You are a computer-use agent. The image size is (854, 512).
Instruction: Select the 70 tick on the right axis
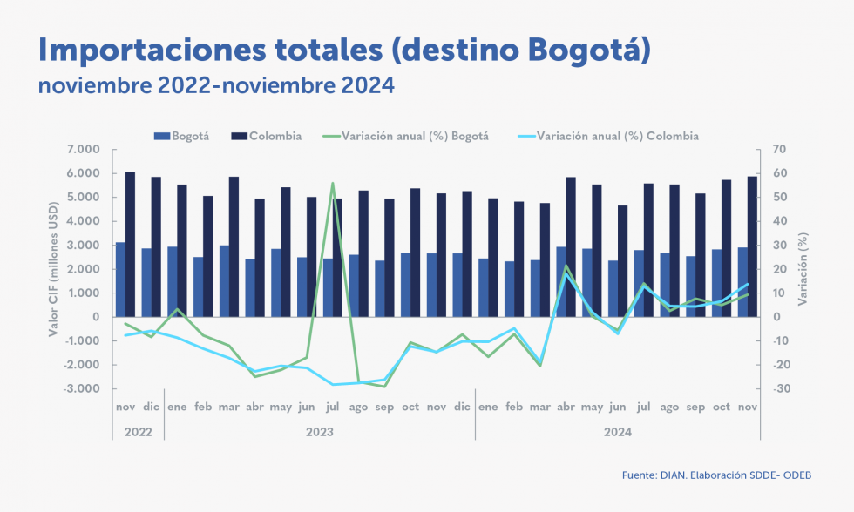777,150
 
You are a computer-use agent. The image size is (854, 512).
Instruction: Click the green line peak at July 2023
332,183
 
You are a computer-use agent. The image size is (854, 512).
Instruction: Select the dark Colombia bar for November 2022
130,244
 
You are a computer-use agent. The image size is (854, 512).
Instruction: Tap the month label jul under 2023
332,407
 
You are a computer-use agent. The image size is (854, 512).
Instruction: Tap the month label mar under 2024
539,407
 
